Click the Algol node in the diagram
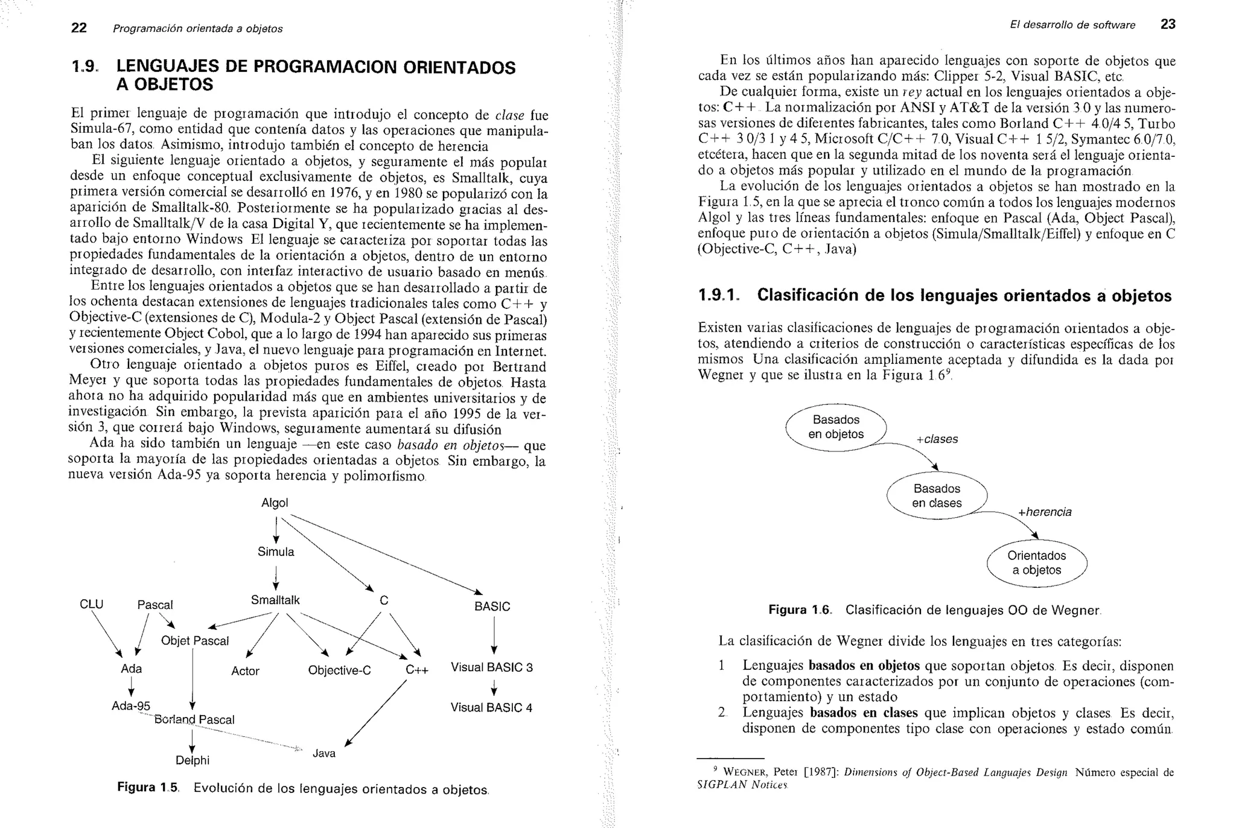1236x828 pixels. tap(275, 503)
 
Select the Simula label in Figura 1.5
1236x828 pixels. tap(276, 552)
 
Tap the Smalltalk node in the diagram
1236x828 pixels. tap(275, 600)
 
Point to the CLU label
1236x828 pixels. tap(92, 604)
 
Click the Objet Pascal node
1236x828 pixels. tap(195, 641)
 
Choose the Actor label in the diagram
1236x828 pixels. tap(245, 670)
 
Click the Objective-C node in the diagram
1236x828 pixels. tap(339, 670)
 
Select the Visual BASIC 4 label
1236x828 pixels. tap(491, 707)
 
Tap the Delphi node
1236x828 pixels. tap(193, 760)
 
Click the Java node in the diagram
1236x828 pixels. tap(324, 753)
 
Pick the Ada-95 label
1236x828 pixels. tap(131, 705)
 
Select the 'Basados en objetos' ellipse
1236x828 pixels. tap(836, 427)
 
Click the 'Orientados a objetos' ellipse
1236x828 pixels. tap(1036, 563)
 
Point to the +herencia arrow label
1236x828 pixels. tap(1045, 512)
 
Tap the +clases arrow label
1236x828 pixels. tap(937, 439)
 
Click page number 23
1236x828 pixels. tap(1168, 25)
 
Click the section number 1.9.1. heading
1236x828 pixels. tap(718, 295)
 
